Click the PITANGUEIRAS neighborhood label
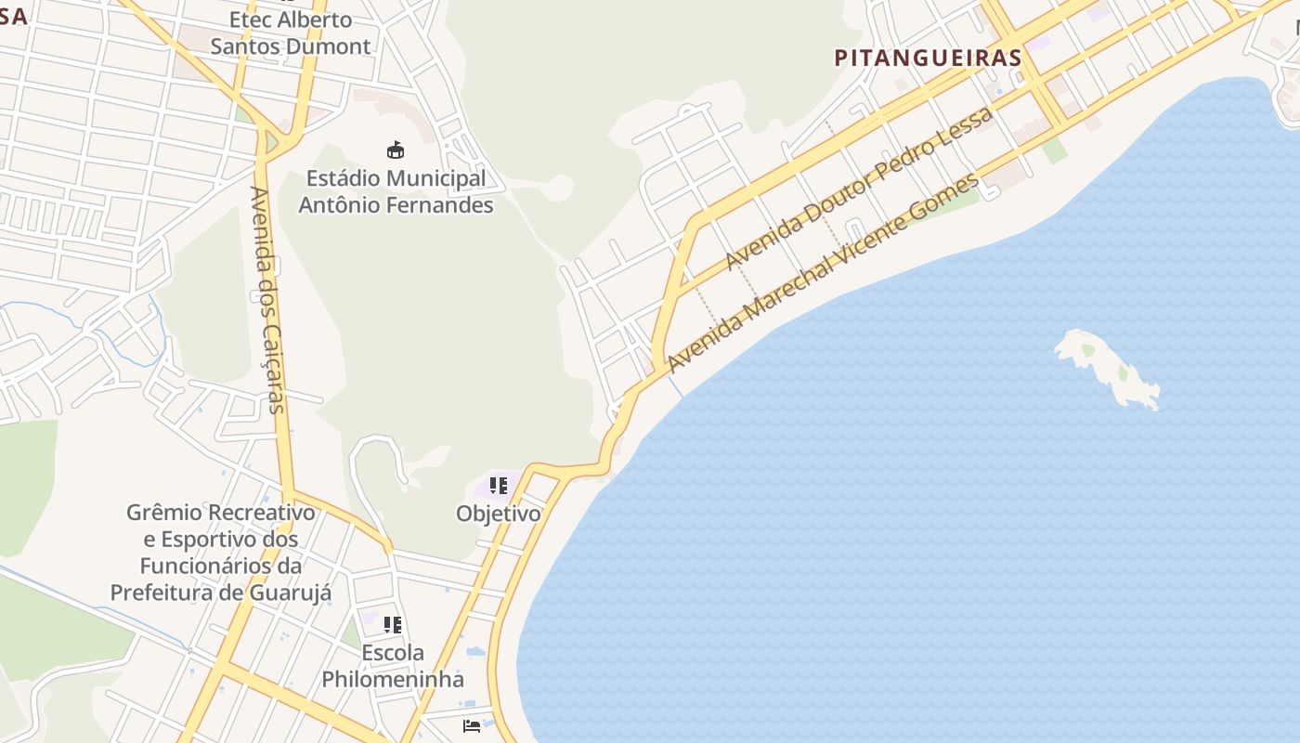[928, 58]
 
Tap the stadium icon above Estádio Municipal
[396, 150]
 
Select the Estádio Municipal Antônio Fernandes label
[396, 191]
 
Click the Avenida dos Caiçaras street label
[266, 299]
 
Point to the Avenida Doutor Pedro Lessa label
[859, 189]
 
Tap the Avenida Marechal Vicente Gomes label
[823, 272]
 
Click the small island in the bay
[1108, 370]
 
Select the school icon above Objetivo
[499, 485]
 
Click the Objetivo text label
[498, 513]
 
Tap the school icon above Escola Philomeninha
[393, 625]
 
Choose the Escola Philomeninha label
[393, 666]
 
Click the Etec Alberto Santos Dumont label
[290, 33]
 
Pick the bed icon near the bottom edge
[472, 725]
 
